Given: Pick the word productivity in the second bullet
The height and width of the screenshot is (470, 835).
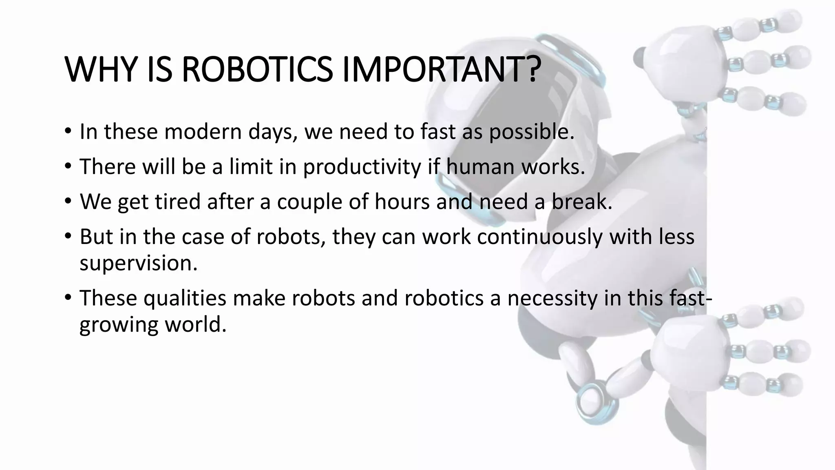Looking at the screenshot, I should pos(362,167).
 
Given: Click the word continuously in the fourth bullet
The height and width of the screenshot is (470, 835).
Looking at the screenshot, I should pos(539,237).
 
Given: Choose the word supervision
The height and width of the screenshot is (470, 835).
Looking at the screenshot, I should pos(138,263).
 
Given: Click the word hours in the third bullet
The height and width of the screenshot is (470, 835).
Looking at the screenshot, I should pos(402,202).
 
